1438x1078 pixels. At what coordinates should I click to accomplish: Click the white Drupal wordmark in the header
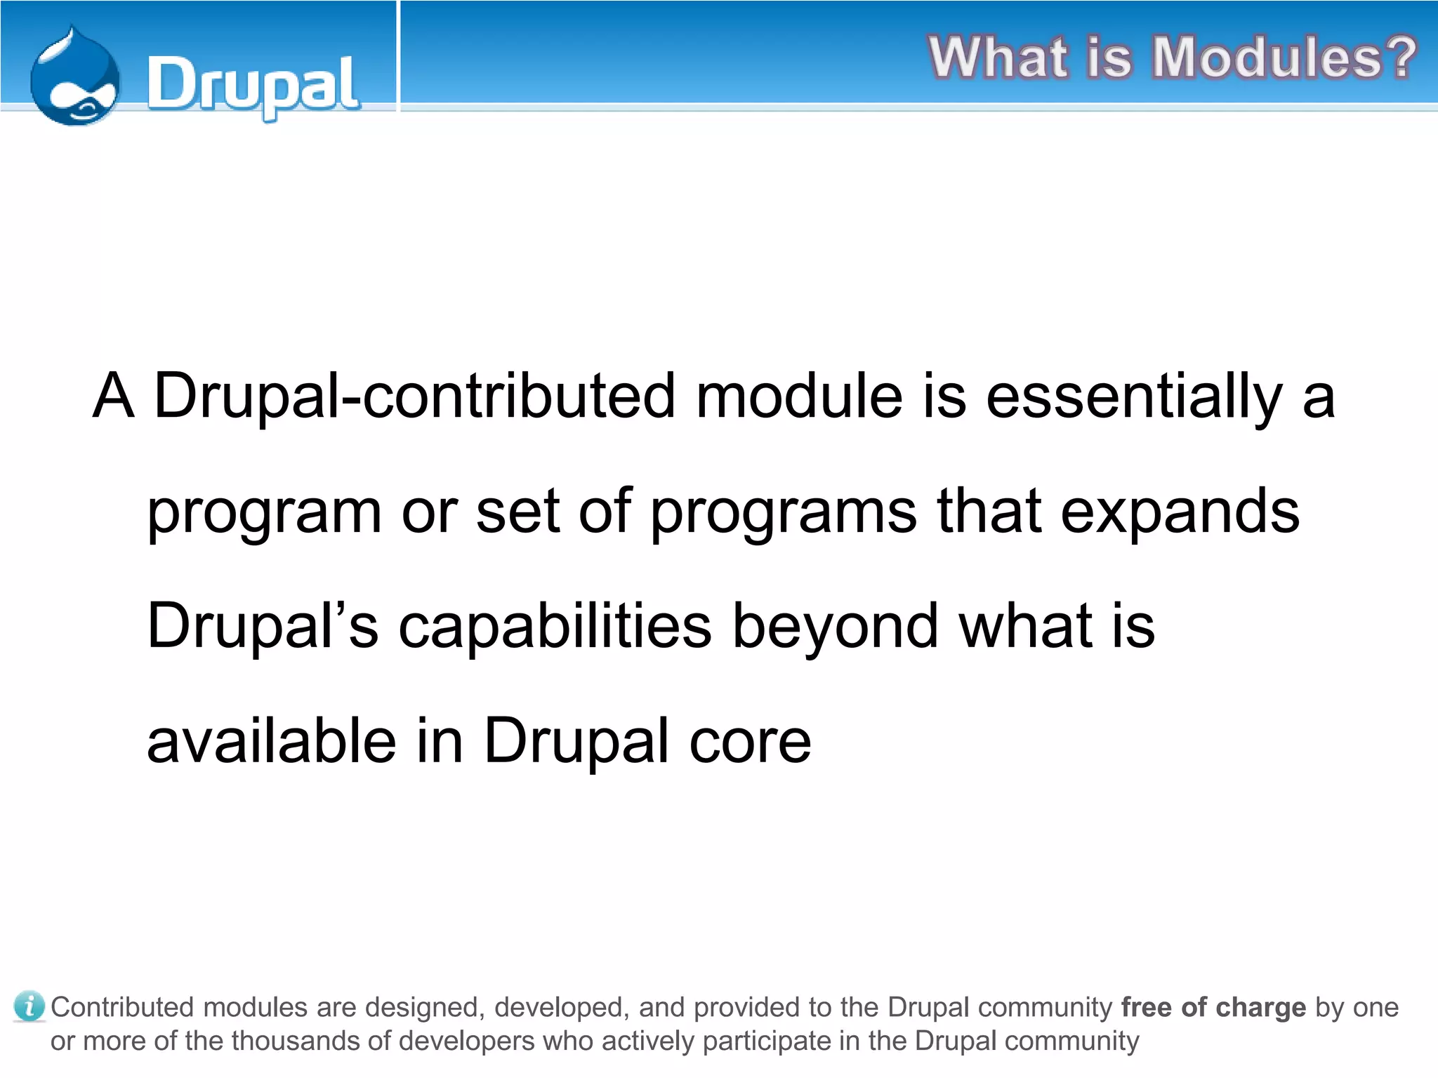253,86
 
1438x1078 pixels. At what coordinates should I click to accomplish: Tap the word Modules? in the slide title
1284,58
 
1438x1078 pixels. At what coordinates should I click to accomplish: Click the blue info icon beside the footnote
29,1006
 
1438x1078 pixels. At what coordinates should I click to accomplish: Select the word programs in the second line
783,512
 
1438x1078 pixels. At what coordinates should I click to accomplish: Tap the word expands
1180,512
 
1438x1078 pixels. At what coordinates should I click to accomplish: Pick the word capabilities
555,626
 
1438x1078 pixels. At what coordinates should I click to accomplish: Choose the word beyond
836,626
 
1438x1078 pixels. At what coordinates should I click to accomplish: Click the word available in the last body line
271,741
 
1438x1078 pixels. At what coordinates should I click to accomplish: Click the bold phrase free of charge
1213,1007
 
